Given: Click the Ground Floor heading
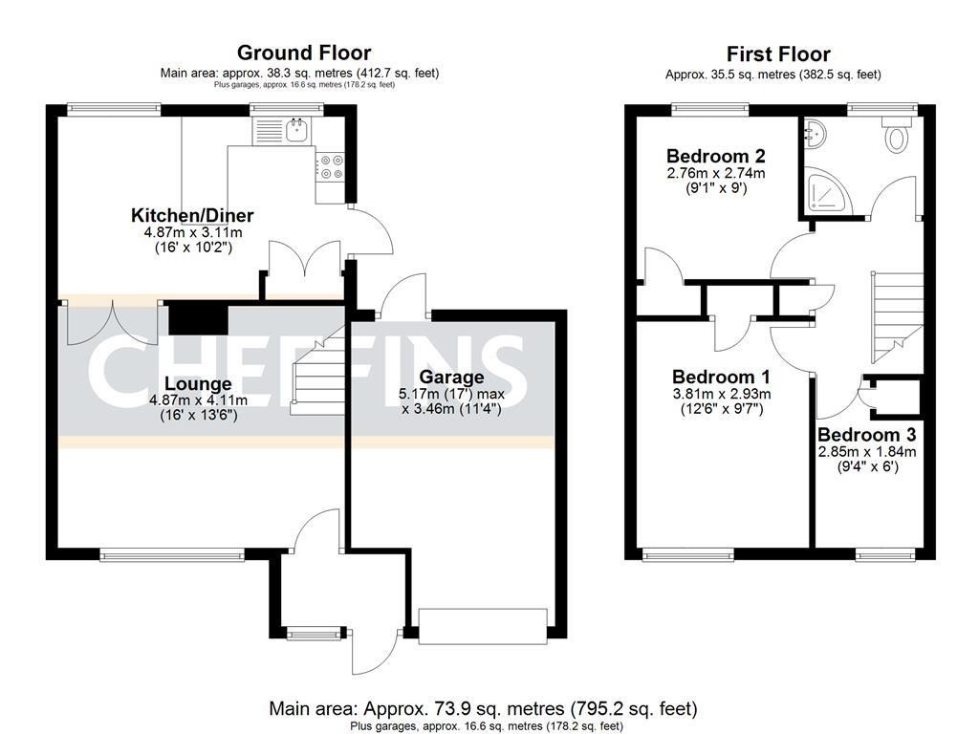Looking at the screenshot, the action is point(304,53).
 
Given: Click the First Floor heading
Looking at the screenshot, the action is point(778,54).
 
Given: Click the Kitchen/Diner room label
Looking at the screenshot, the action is point(192,215).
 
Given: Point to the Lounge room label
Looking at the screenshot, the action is point(198,383).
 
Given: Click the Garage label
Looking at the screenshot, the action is point(451,377).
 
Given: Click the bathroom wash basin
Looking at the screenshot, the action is point(815,134).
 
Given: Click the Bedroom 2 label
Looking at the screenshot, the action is point(715,156).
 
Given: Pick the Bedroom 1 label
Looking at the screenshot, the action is point(721,377).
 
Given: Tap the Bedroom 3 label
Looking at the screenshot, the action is point(866,435).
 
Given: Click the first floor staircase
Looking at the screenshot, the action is point(897,317).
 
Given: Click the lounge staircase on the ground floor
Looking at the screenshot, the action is point(317,378).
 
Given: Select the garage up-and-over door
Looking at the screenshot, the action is point(483,626).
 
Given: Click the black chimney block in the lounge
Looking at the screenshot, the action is point(198,318).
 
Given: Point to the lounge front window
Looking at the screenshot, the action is point(172,554).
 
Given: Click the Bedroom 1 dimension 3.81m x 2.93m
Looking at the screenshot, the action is point(721,394).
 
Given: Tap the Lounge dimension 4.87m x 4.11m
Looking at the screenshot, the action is point(198,400).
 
